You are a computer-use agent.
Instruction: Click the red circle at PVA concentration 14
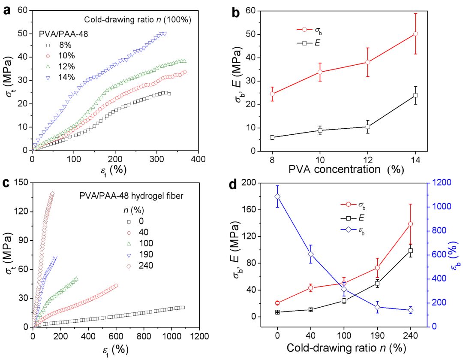click(x=415, y=33)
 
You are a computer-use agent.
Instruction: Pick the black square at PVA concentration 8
click(x=272, y=137)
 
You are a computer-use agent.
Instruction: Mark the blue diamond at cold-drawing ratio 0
click(x=277, y=197)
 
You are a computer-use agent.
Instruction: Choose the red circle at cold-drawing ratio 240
click(x=410, y=224)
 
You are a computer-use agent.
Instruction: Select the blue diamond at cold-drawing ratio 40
click(x=311, y=254)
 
